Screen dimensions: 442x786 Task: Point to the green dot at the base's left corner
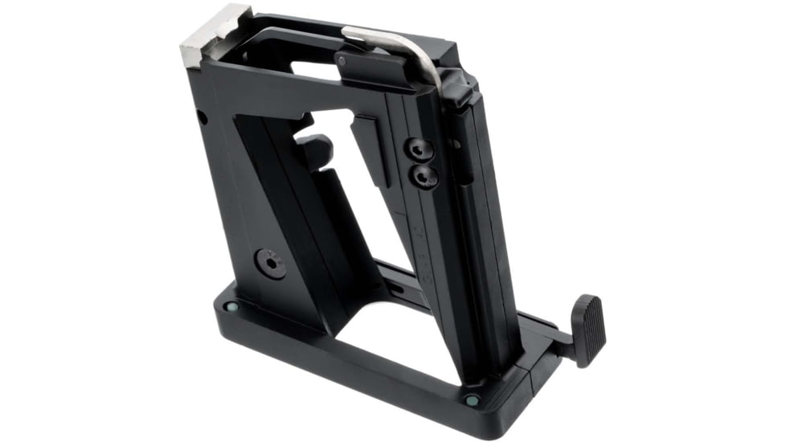point(232,305)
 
